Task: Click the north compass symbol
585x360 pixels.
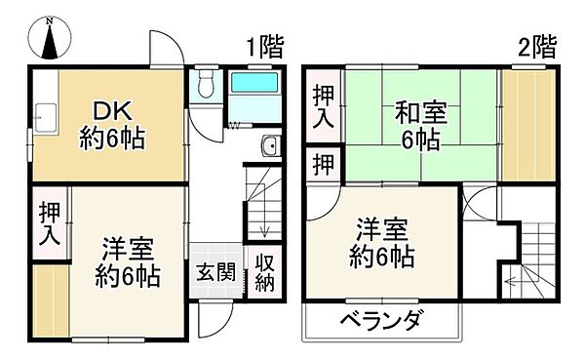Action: coord(51,40)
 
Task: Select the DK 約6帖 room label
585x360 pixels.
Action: coord(112,125)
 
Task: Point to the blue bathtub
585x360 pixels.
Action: coord(255,97)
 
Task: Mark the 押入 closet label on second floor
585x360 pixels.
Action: coord(323,105)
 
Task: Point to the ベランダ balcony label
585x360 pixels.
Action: coord(382,319)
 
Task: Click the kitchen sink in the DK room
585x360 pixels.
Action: coord(43,113)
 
